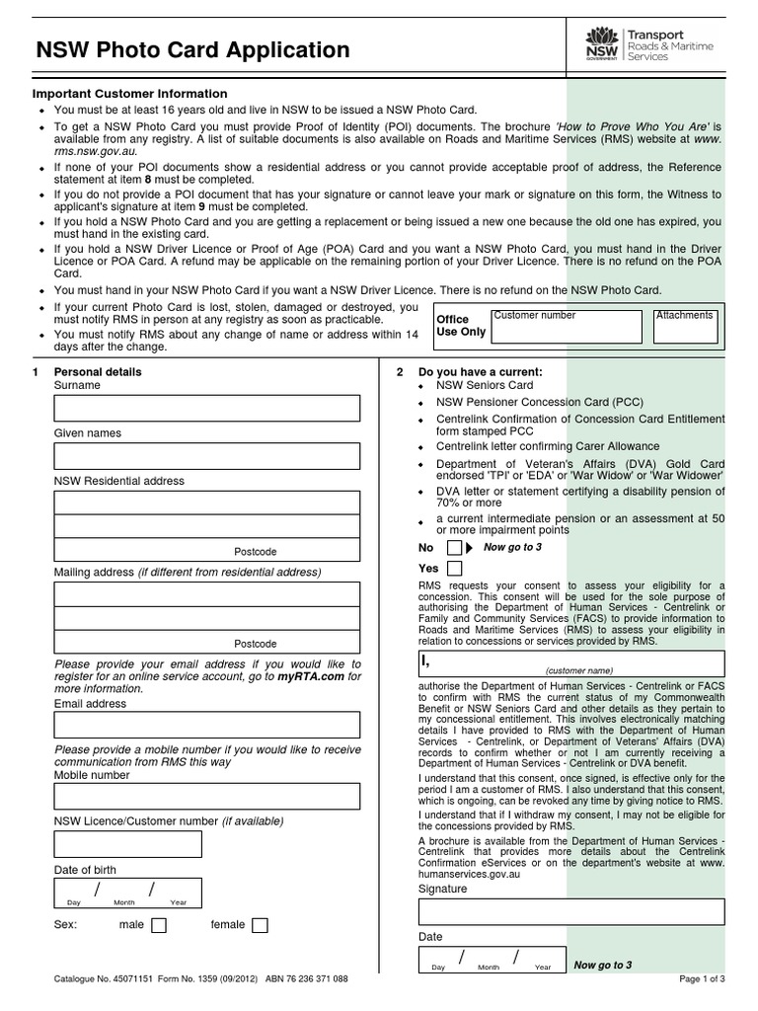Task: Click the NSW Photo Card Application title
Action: (192, 49)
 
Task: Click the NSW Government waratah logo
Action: (598, 42)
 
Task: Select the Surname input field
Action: (206, 409)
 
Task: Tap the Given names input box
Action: (206, 456)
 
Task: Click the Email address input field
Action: (206, 727)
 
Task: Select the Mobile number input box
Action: (206, 797)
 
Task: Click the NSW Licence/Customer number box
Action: (127, 844)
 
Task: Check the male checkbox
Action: (158, 925)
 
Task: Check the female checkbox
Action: (260, 925)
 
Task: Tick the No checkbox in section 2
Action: (453, 547)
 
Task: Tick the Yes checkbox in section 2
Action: (453, 569)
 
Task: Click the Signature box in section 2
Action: (571, 911)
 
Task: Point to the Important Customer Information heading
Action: (130, 94)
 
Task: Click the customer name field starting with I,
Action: (571, 662)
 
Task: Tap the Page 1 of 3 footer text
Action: (702, 979)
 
